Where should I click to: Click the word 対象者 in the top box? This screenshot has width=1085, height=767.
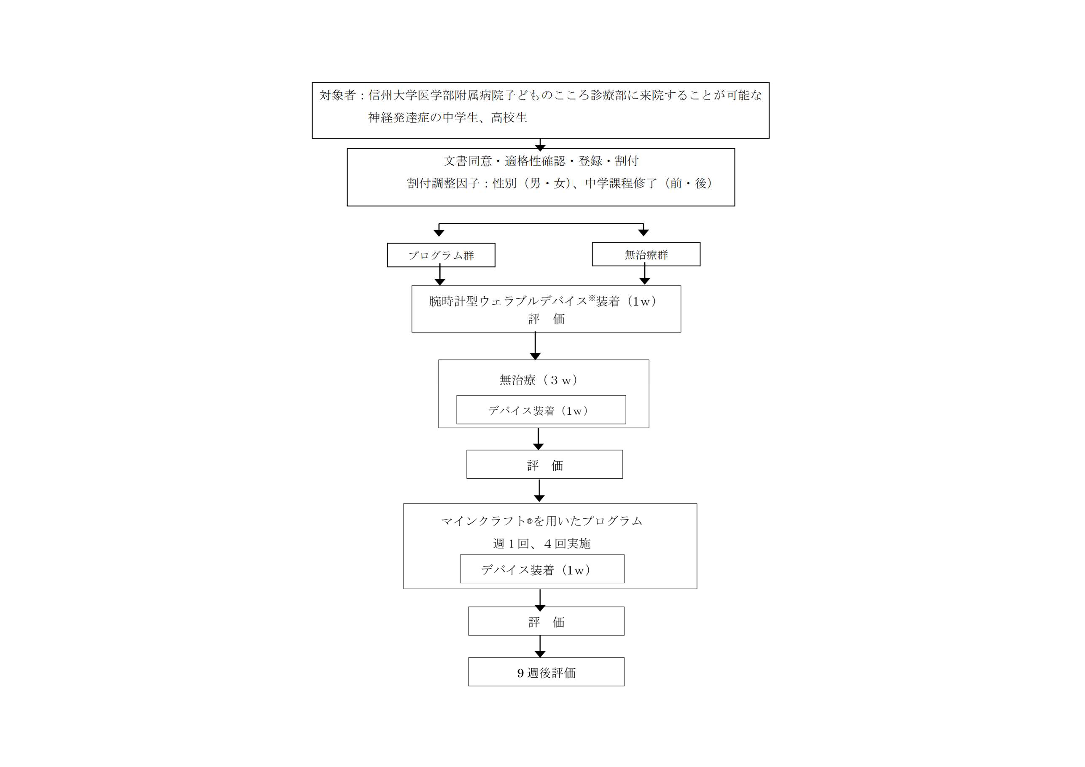(337, 95)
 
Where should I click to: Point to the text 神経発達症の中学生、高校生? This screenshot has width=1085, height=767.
(447, 118)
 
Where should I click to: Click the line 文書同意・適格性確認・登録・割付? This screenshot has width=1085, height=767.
(541, 161)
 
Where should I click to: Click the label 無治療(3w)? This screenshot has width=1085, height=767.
(539, 380)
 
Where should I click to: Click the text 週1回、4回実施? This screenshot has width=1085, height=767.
(542, 544)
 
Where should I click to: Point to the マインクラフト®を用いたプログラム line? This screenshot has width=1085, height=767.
(542, 521)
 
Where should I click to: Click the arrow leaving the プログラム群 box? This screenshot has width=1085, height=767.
(440, 275)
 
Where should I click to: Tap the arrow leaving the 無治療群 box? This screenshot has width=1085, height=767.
(645, 274)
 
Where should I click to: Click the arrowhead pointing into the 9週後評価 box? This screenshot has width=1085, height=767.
(540, 654)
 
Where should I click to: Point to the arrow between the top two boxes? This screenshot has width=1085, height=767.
(540, 145)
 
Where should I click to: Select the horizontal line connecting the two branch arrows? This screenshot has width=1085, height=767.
(541, 223)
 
